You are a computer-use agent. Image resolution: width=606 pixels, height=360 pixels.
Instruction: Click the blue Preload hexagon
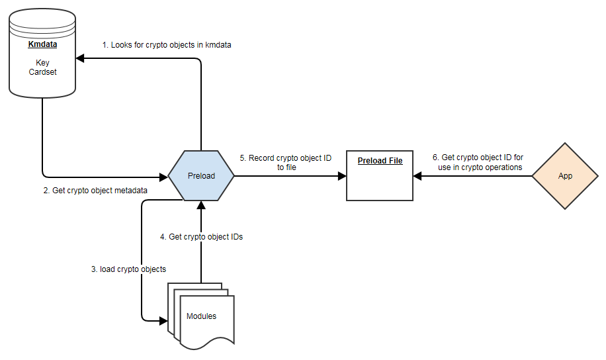[x=200, y=177]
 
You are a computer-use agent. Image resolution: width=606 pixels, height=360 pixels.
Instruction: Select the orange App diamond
[x=565, y=177]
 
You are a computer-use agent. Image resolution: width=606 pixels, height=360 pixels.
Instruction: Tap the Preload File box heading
[x=380, y=161]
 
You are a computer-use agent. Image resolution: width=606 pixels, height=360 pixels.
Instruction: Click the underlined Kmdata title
[x=42, y=45]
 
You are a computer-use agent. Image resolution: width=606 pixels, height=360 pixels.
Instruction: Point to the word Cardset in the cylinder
[x=42, y=72]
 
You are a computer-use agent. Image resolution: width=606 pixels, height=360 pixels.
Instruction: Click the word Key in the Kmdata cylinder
[x=42, y=63]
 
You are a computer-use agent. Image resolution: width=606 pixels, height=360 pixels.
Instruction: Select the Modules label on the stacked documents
[x=201, y=316]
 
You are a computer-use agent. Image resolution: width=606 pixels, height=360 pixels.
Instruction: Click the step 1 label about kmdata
[x=166, y=45]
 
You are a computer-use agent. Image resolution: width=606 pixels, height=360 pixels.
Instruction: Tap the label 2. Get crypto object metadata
[x=95, y=191]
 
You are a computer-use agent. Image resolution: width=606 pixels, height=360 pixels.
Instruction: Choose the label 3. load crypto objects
[x=128, y=269]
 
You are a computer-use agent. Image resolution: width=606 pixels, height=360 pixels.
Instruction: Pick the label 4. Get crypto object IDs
[x=201, y=236]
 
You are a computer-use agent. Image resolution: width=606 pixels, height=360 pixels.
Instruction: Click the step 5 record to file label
[x=285, y=163]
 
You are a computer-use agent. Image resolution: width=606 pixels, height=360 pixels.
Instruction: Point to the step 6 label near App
[x=477, y=162]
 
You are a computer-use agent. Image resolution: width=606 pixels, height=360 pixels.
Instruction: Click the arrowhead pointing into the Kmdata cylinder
[x=80, y=58]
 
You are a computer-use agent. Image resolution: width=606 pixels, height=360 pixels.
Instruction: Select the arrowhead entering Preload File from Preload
[x=342, y=177]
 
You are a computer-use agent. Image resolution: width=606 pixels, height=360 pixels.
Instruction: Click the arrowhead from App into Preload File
[x=417, y=177]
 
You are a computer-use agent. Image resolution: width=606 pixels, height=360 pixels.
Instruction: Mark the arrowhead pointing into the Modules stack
[x=163, y=321]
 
